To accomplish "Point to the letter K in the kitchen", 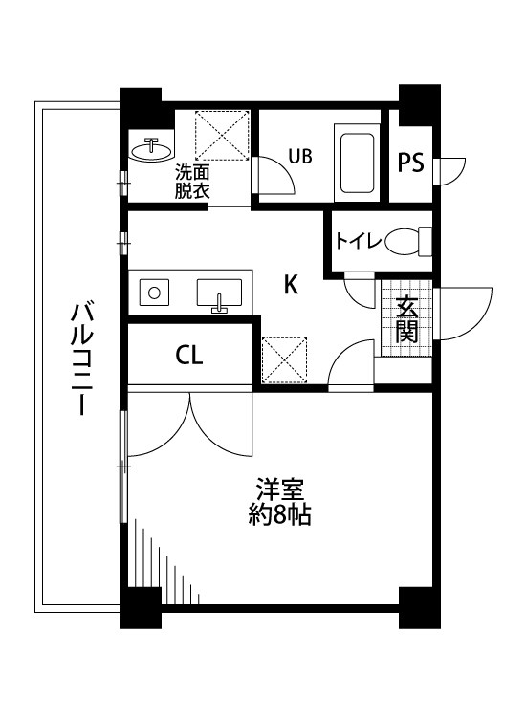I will tap(292, 284).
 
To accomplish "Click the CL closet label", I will tap(188, 357).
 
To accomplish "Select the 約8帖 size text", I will tap(278, 517).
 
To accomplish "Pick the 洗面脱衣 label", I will tap(191, 181).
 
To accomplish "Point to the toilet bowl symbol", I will tap(405, 242).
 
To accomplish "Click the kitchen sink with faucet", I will tap(221, 293).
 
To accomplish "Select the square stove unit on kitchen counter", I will tap(153, 291).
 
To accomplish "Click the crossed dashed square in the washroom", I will tap(223, 136).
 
